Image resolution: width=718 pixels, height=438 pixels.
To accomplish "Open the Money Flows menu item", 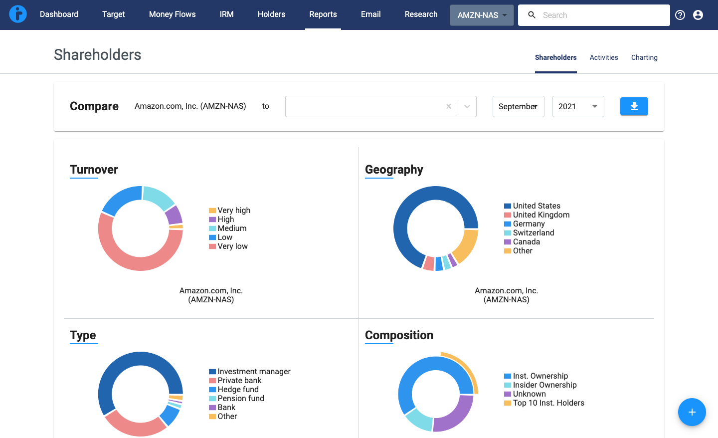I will pos(172,14).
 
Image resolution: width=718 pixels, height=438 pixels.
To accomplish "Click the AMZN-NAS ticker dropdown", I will pos(481,15).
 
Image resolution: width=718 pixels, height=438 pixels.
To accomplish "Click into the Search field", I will pos(598,15).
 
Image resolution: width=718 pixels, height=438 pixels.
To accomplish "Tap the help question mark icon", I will pos(680,15).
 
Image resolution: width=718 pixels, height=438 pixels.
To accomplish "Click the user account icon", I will pos(698,15).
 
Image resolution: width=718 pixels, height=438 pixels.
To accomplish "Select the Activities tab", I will pos(603,57).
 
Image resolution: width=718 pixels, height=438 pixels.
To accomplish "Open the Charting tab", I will pos(644,57).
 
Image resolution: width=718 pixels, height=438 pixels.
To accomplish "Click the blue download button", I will pos(634,106).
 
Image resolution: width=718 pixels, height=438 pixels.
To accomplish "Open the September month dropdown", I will pos(518,106).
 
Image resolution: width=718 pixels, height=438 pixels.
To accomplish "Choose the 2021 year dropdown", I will pos(578,106).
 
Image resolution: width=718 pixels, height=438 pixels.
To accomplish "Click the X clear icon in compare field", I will pos(448,106).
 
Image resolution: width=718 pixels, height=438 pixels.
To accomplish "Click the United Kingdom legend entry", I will pos(540,215).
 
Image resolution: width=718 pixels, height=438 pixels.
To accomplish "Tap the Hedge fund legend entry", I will pos(237,390).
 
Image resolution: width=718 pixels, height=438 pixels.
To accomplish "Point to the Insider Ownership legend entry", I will pos(544,385).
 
